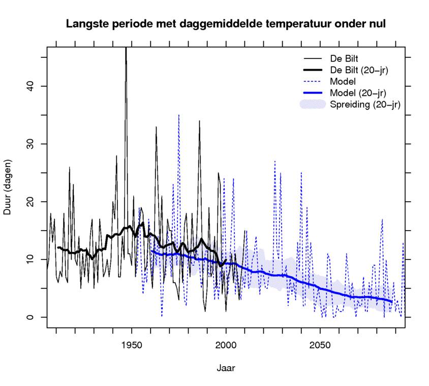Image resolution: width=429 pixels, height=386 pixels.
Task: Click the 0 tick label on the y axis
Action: click(29, 317)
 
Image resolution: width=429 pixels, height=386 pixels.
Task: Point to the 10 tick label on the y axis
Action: click(29, 260)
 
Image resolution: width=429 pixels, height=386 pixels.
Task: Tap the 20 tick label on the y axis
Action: click(29, 202)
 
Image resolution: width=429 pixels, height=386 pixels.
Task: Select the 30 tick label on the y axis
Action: click(29, 144)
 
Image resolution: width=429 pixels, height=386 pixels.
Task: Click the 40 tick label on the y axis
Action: click(29, 86)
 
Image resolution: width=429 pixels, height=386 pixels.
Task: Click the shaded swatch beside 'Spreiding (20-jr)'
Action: click(312, 105)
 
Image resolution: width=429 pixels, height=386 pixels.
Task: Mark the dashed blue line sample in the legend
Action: click(312, 81)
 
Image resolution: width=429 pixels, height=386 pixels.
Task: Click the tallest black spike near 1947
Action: click(126, 51)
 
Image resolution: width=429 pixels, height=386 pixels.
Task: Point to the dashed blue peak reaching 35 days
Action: click(178, 116)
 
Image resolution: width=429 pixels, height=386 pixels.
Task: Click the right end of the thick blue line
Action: click(392, 302)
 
